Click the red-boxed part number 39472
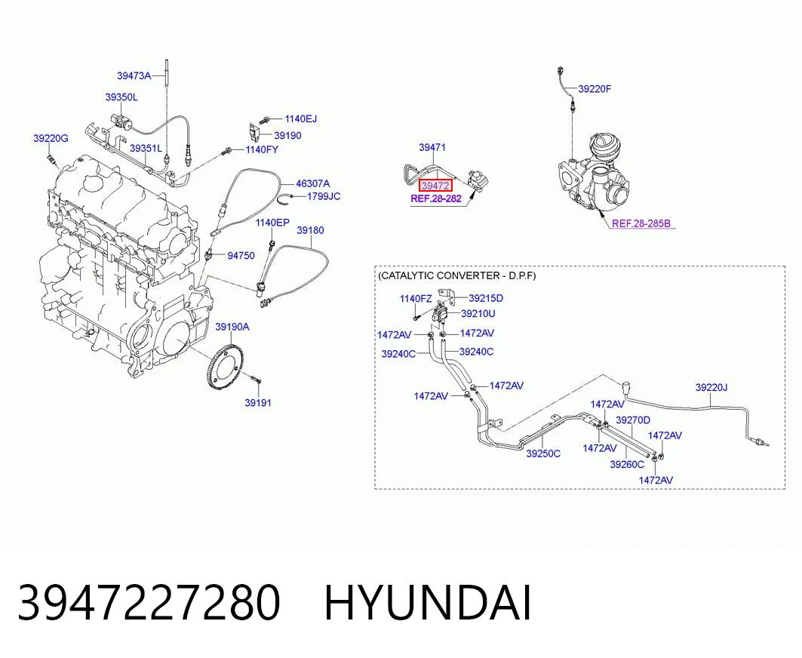[x=435, y=186]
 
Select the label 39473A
[x=134, y=75]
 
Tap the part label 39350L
[x=121, y=97]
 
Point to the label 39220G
[x=51, y=138]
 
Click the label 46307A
[x=313, y=183]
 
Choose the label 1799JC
[x=323, y=196]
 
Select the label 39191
[x=258, y=403]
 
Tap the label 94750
[x=241, y=255]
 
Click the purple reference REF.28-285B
[x=641, y=223]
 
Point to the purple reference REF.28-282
[x=436, y=198]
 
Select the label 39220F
[x=595, y=88]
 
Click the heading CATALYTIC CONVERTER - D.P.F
[x=456, y=275]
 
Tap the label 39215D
[x=486, y=298]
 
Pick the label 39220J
[x=711, y=387]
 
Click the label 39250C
[x=543, y=454]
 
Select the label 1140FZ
[x=416, y=299]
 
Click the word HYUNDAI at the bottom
[x=428, y=603]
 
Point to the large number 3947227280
[x=149, y=603]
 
